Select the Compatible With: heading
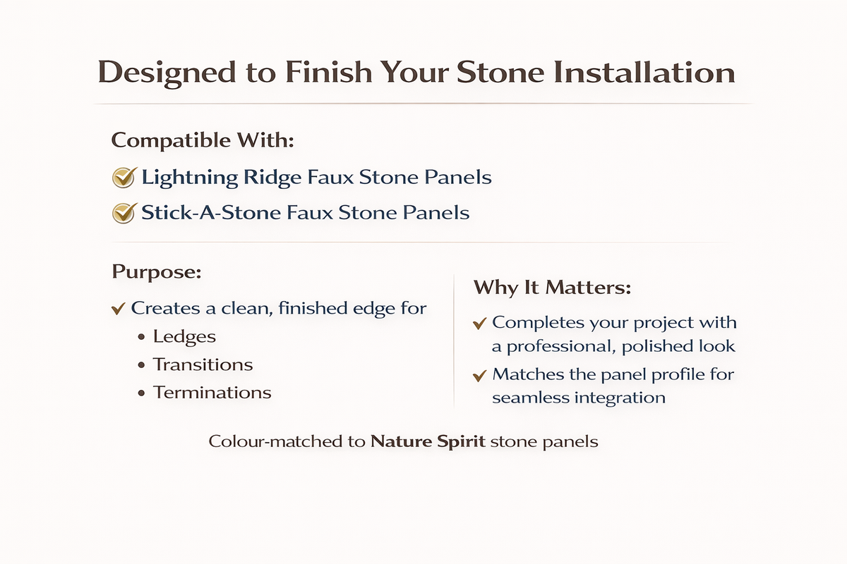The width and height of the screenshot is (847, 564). (203, 140)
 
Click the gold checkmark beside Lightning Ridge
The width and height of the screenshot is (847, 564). (124, 178)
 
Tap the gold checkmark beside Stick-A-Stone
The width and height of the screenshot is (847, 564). (124, 212)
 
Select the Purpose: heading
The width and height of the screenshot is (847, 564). (156, 272)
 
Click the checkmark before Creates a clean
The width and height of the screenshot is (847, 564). (119, 309)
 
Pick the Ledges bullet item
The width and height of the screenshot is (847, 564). (184, 336)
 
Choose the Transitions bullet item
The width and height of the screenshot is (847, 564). (203, 364)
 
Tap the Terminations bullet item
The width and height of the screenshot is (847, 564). (212, 392)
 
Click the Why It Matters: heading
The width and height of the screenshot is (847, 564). (552, 288)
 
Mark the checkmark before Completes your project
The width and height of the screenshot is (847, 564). (480, 324)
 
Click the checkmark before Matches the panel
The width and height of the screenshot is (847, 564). (480, 375)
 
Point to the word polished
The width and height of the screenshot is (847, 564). (640, 346)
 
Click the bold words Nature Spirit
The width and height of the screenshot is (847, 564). (428, 443)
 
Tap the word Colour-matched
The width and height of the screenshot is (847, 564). (287, 443)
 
